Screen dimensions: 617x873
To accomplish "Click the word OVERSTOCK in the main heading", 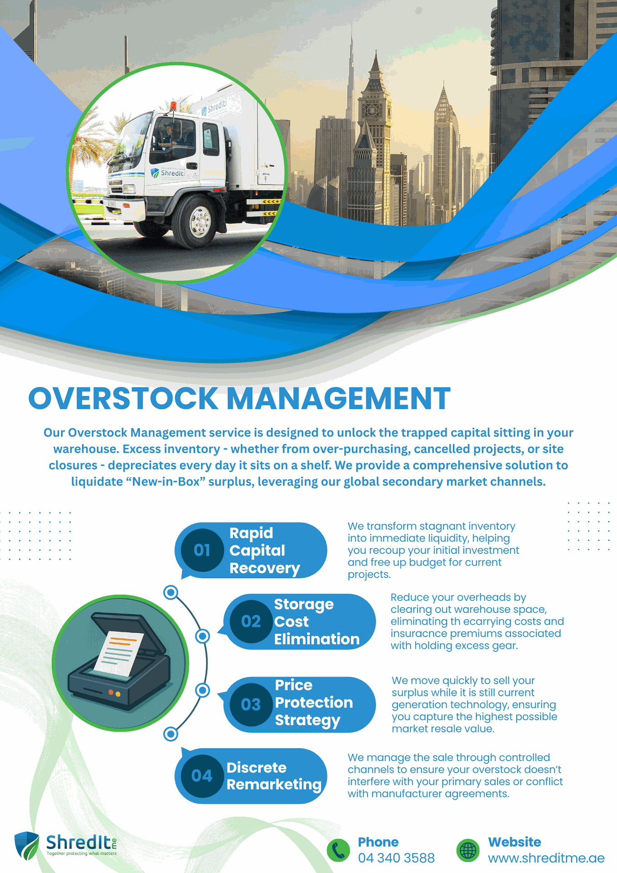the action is coord(123,399).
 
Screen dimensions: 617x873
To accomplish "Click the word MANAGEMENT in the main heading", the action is coord(338,399).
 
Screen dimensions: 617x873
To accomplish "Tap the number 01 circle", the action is coord(202,550).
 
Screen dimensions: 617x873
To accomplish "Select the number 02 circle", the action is coord(251,622).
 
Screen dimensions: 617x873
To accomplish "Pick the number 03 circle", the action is coord(251,705).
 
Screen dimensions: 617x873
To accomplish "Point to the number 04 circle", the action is coord(202,776).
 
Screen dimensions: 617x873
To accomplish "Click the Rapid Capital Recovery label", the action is coord(265,551).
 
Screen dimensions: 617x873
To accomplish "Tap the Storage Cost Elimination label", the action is coord(316,622).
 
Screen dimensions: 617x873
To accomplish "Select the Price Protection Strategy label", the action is coord(314,703).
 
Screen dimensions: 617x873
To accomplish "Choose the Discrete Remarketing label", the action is coord(274,776).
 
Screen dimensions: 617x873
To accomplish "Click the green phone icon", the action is coord(338,850).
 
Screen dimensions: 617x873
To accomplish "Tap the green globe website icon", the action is coord(468,850).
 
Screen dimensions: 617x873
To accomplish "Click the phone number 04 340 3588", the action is coord(396,858).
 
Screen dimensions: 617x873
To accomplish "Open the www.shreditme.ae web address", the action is coord(546,858).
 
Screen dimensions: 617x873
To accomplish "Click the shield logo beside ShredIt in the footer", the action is coord(26,846).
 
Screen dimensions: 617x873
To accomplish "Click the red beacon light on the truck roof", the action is coord(173,106).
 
